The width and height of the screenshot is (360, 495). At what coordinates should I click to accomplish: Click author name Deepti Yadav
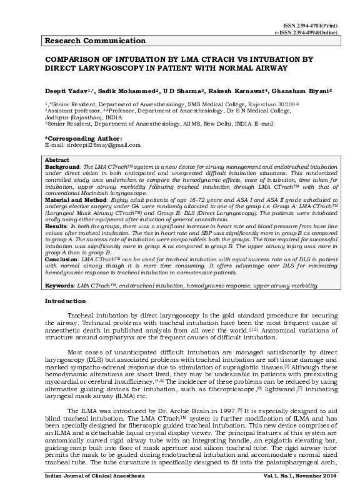click(65, 91)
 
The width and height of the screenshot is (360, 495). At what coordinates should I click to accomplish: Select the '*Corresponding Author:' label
click(83, 137)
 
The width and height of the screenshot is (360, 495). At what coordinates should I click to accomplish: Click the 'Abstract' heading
click(57, 161)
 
